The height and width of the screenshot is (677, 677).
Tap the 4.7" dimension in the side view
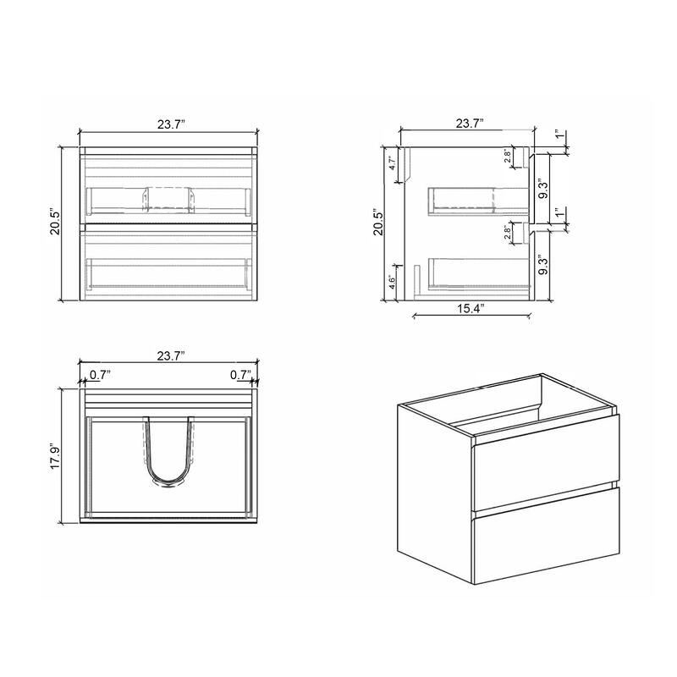click(393, 163)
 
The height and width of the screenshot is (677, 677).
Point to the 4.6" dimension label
click(392, 282)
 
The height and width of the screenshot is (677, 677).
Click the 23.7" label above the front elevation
click(170, 124)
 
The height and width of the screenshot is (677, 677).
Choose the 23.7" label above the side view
click(469, 124)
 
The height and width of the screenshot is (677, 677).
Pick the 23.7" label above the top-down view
click(170, 356)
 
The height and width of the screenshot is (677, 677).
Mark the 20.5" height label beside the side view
click(379, 225)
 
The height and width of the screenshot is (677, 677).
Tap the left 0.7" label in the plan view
click(100, 374)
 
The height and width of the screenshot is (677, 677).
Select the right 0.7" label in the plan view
click(240, 374)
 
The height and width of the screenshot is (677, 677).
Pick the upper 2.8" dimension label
click(506, 157)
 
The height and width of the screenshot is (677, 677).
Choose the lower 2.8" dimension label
click(506, 233)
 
